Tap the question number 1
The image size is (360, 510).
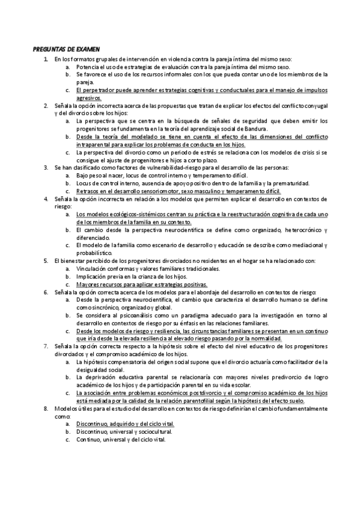point(46,59)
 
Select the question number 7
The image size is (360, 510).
point(46,347)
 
